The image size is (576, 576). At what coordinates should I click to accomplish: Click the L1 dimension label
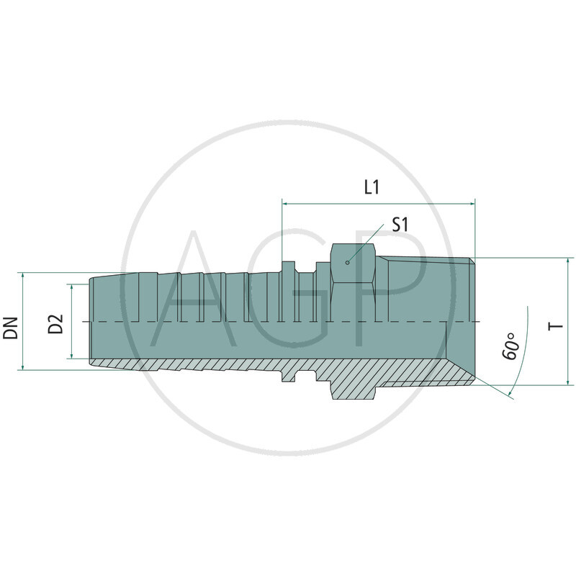pyautogui.click(x=372, y=188)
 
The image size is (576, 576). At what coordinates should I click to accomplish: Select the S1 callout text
pyautogui.click(x=400, y=225)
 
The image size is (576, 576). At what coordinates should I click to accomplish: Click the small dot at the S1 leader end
pyautogui.click(x=347, y=262)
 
